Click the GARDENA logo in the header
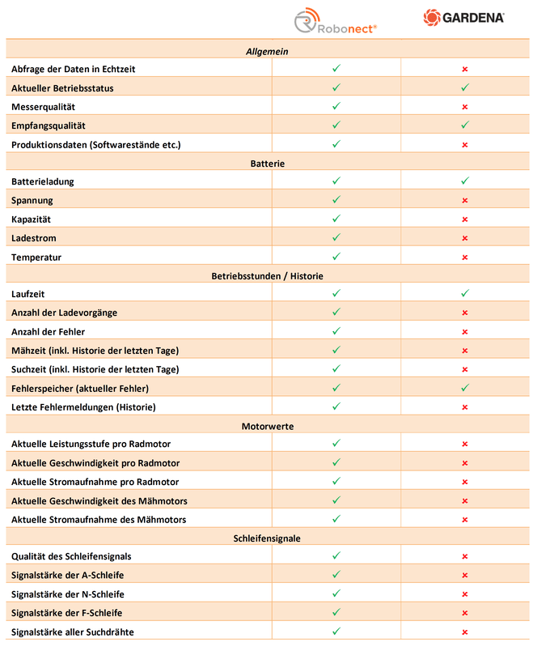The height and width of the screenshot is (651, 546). (464, 17)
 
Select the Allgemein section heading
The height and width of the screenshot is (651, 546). (267, 51)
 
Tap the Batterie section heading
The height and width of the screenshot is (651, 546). (267, 164)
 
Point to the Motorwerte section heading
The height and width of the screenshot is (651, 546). (267, 426)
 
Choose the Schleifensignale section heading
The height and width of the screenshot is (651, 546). (267, 538)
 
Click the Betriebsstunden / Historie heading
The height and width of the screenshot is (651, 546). (267, 276)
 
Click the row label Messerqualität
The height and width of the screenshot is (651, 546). (43, 107)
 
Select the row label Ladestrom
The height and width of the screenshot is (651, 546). (33, 238)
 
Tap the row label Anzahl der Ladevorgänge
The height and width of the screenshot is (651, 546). (65, 313)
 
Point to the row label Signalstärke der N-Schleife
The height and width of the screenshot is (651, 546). (67, 594)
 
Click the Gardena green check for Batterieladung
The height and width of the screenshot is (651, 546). (465, 181)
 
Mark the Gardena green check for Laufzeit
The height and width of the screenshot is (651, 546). (465, 294)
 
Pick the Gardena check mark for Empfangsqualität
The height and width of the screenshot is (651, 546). (465, 126)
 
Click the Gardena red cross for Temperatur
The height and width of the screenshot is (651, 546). (465, 257)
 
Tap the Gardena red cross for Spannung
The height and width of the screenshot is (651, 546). (465, 201)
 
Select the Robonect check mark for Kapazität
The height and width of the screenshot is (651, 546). (336, 219)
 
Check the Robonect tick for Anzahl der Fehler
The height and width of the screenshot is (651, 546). (336, 331)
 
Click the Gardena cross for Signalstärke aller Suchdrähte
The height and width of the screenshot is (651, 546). (465, 632)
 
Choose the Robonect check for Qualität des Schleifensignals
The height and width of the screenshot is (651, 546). (336, 556)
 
